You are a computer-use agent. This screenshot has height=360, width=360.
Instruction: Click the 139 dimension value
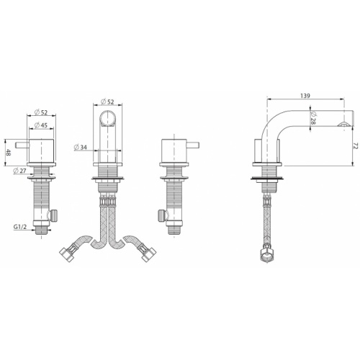pos(305,96)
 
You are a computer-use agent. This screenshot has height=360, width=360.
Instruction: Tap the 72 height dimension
pos(356,146)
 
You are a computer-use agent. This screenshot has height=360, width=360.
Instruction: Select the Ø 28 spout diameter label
pos(313,118)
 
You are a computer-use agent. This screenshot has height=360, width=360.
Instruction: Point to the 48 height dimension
pos(9,153)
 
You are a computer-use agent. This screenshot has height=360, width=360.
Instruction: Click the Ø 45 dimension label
pos(40,125)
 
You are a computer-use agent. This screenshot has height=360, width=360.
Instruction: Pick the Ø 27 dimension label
pos(19,171)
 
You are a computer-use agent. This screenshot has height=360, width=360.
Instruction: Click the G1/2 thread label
pos(20,226)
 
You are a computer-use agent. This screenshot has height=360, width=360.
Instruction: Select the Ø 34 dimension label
pos(81,147)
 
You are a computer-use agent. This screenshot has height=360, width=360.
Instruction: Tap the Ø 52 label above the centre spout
pos(107,102)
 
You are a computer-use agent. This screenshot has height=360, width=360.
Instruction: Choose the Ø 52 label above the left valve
pos(41,112)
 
